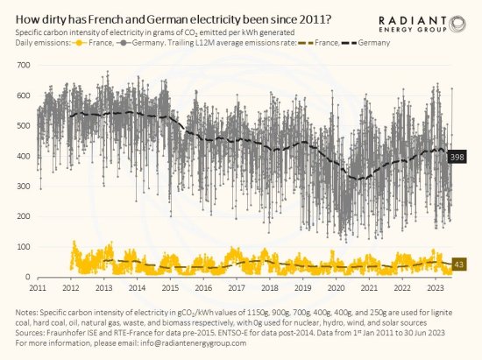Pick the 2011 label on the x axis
coord(37,287)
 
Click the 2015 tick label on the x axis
coord(170,287)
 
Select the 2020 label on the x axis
coord(337,287)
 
